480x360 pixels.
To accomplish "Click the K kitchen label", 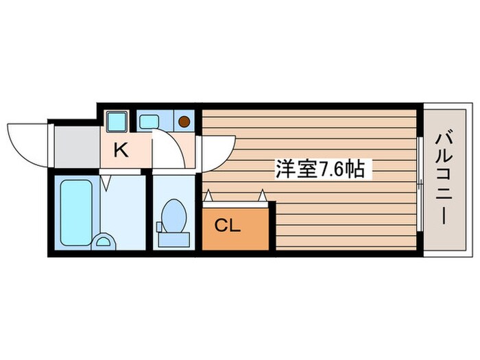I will [x=121, y=150].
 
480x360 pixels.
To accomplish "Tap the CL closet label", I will [x=228, y=226].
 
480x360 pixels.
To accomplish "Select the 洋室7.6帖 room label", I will [x=324, y=169].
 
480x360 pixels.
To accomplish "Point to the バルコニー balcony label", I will [x=441, y=179].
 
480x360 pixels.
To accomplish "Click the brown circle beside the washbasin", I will [x=184, y=122].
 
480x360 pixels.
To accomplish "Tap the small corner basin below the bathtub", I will [x=104, y=241].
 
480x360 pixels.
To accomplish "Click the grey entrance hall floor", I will [x=76, y=145].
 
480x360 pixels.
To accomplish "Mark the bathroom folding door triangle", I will [x=106, y=182].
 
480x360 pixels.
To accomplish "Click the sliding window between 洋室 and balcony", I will [x=419, y=180].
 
